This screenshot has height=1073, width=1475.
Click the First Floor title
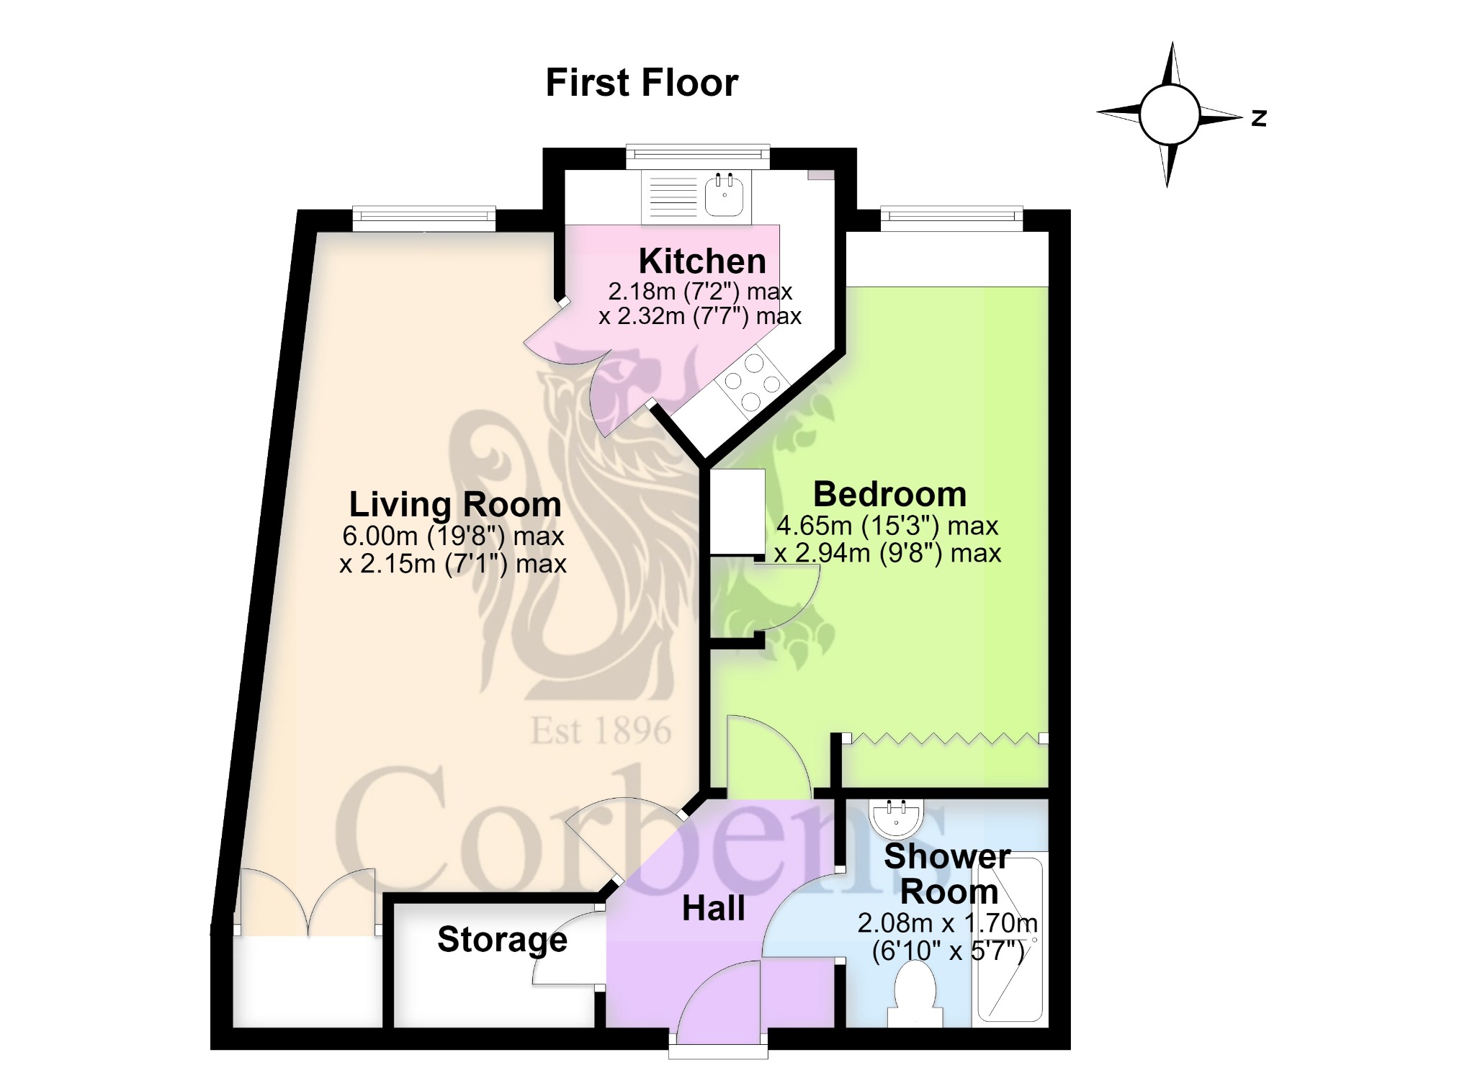pos(642,83)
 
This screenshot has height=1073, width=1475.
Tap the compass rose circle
pos(1170,115)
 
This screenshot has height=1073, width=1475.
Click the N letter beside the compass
pos(1259,117)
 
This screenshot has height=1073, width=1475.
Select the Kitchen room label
pos(702,261)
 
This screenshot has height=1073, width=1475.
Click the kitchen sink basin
pos(724,194)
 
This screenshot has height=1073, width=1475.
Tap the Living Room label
pos(455,504)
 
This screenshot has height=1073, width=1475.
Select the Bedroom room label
pos(889,494)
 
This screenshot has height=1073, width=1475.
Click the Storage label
pos(502,940)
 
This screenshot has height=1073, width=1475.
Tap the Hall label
pos(713,909)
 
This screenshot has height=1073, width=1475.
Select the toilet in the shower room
pos(915,997)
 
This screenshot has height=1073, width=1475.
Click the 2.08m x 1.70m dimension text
pos(947,922)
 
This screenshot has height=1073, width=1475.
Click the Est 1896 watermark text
pos(601,731)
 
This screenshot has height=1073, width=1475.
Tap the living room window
pos(424,219)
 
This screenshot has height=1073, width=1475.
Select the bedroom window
pos(951,219)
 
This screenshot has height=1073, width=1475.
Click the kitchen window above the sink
pos(698,157)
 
